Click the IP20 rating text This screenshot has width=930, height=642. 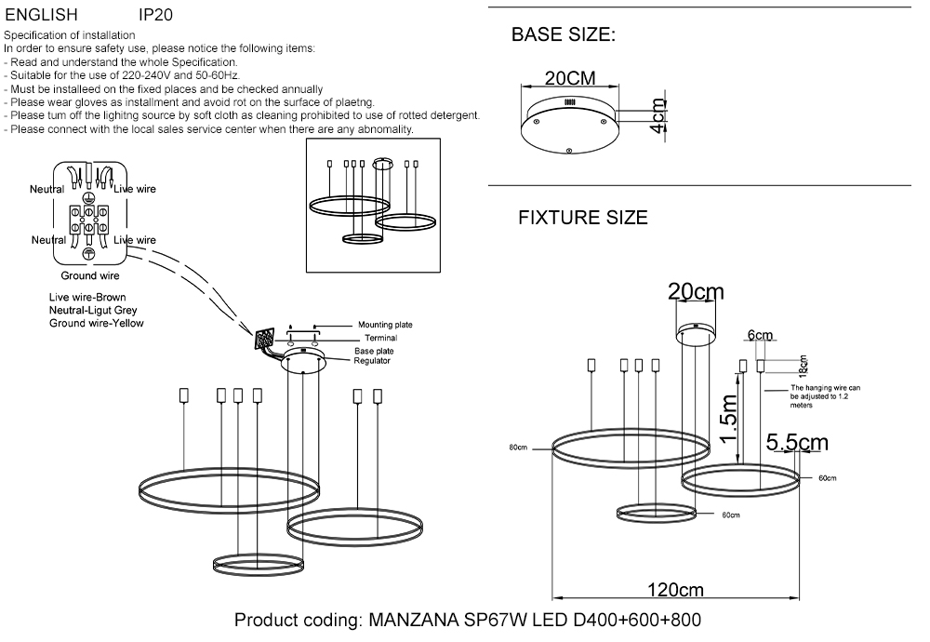click(x=154, y=16)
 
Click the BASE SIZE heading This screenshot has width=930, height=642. click(x=563, y=36)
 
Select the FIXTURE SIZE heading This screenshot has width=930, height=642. click(x=582, y=219)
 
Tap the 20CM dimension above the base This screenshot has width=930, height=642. click(x=570, y=78)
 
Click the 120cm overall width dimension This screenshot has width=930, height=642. click(x=676, y=590)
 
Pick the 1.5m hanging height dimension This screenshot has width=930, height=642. click(x=730, y=418)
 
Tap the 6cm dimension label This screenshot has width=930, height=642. click(x=759, y=335)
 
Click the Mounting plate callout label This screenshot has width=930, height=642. click(x=385, y=325)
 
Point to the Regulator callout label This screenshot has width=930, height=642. click(x=372, y=360)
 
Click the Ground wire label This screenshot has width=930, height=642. click(x=90, y=275)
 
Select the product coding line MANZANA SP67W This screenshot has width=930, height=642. click(x=467, y=620)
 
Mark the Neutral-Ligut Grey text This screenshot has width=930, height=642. click(x=99, y=310)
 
